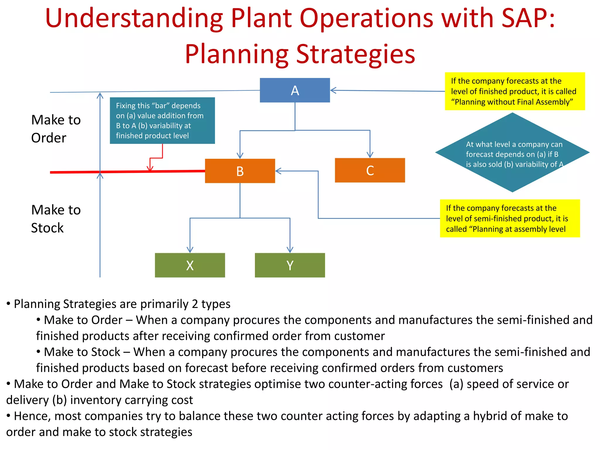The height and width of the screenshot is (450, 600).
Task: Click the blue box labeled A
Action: pyautogui.click(x=295, y=90)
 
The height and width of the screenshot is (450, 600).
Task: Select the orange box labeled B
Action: pyautogui.click(x=240, y=171)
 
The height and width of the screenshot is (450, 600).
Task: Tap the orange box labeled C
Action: pyautogui.click(x=370, y=171)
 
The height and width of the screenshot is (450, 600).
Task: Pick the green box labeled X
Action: pyautogui.click(x=190, y=265)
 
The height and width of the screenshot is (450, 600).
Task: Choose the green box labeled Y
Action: pyautogui.click(x=290, y=265)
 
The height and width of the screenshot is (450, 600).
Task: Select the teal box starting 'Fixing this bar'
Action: pyautogui.click(x=162, y=121)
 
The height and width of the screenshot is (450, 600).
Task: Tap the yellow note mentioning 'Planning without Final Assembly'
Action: pyautogui.click(x=515, y=91)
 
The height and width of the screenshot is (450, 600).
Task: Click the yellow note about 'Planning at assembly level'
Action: pyautogui.click(x=510, y=219)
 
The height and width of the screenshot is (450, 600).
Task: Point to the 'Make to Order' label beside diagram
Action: pyautogui.click(x=56, y=129)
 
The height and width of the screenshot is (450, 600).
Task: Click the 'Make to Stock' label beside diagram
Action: pyautogui.click(x=56, y=219)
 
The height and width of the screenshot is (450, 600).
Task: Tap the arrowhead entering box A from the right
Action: pyautogui.click(x=333, y=90)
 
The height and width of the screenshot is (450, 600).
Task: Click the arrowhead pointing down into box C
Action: pyautogui.click(x=370, y=155)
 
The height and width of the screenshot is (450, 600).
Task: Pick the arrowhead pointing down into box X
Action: pyautogui.click(x=190, y=250)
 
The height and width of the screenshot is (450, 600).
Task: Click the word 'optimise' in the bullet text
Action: pyautogui.click(x=272, y=384)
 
